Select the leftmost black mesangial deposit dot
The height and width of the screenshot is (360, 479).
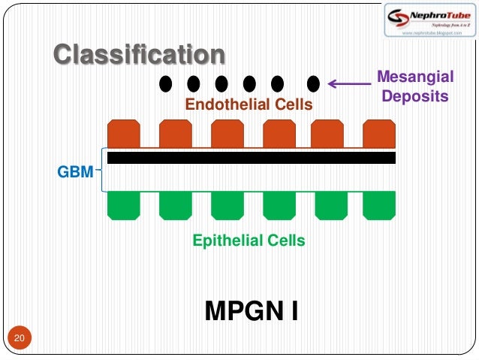tap(165, 82)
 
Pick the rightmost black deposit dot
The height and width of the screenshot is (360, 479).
tap(314, 82)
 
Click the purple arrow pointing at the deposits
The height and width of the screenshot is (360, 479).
tap(350, 83)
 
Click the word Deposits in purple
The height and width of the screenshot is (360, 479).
tap(414, 96)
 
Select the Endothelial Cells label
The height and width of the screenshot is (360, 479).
tap(248, 105)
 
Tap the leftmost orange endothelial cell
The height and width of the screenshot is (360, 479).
tap(124, 133)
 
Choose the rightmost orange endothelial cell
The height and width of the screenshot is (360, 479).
tap(378, 133)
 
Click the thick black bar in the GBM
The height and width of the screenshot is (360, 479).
tap(251, 158)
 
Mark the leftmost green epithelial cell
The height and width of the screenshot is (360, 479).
tap(124, 204)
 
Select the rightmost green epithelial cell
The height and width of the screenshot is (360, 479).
tap(378, 204)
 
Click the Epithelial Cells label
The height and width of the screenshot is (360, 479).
tap(249, 241)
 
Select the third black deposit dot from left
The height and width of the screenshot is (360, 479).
tap(221, 82)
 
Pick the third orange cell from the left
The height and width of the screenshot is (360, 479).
tap(227, 133)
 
